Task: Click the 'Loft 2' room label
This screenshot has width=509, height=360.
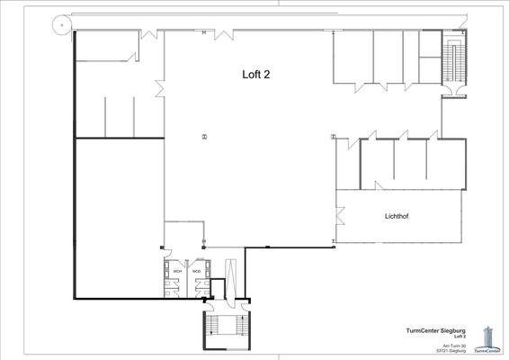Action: click(x=256, y=76)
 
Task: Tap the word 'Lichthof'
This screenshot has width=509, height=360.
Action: click(x=397, y=217)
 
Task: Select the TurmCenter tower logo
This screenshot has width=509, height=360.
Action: click(x=489, y=338)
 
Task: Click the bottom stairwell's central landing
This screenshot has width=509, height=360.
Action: click(x=228, y=329)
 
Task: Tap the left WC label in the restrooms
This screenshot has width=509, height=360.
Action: click(x=177, y=271)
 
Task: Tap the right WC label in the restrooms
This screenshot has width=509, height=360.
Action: click(x=196, y=271)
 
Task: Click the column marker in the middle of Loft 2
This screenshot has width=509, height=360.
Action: click(x=204, y=137)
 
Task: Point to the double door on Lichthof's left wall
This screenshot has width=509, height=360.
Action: click(x=339, y=216)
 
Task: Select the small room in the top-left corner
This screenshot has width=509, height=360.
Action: click(x=105, y=49)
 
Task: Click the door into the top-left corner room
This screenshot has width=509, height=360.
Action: click(x=148, y=33)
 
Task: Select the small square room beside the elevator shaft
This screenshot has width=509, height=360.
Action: click(x=215, y=287)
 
